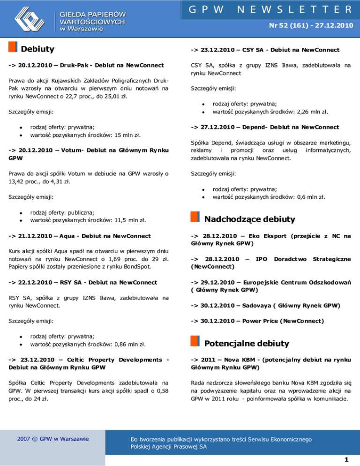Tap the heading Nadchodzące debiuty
(x=250, y=219)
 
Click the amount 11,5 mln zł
(x=126, y=218)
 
